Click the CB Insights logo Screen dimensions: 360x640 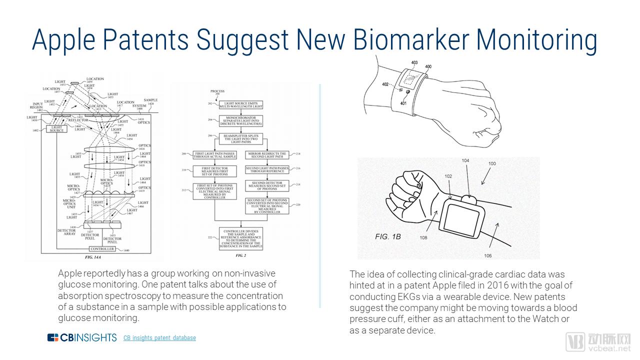pyautogui.click(x=82, y=337)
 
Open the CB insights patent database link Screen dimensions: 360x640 pyautogui.click(x=159, y=338)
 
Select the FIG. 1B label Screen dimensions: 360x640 pyautogui.click(x=388, y=236)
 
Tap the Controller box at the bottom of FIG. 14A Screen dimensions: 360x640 pyautogui.click(x=102, y=249)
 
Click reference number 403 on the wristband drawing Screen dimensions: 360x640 pyautogui.click(x=414, y=62)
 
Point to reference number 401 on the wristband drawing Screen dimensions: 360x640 pyautogui.click(x=403, y=103)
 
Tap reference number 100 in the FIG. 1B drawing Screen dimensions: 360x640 pyautogui.click(x=492, y=164)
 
